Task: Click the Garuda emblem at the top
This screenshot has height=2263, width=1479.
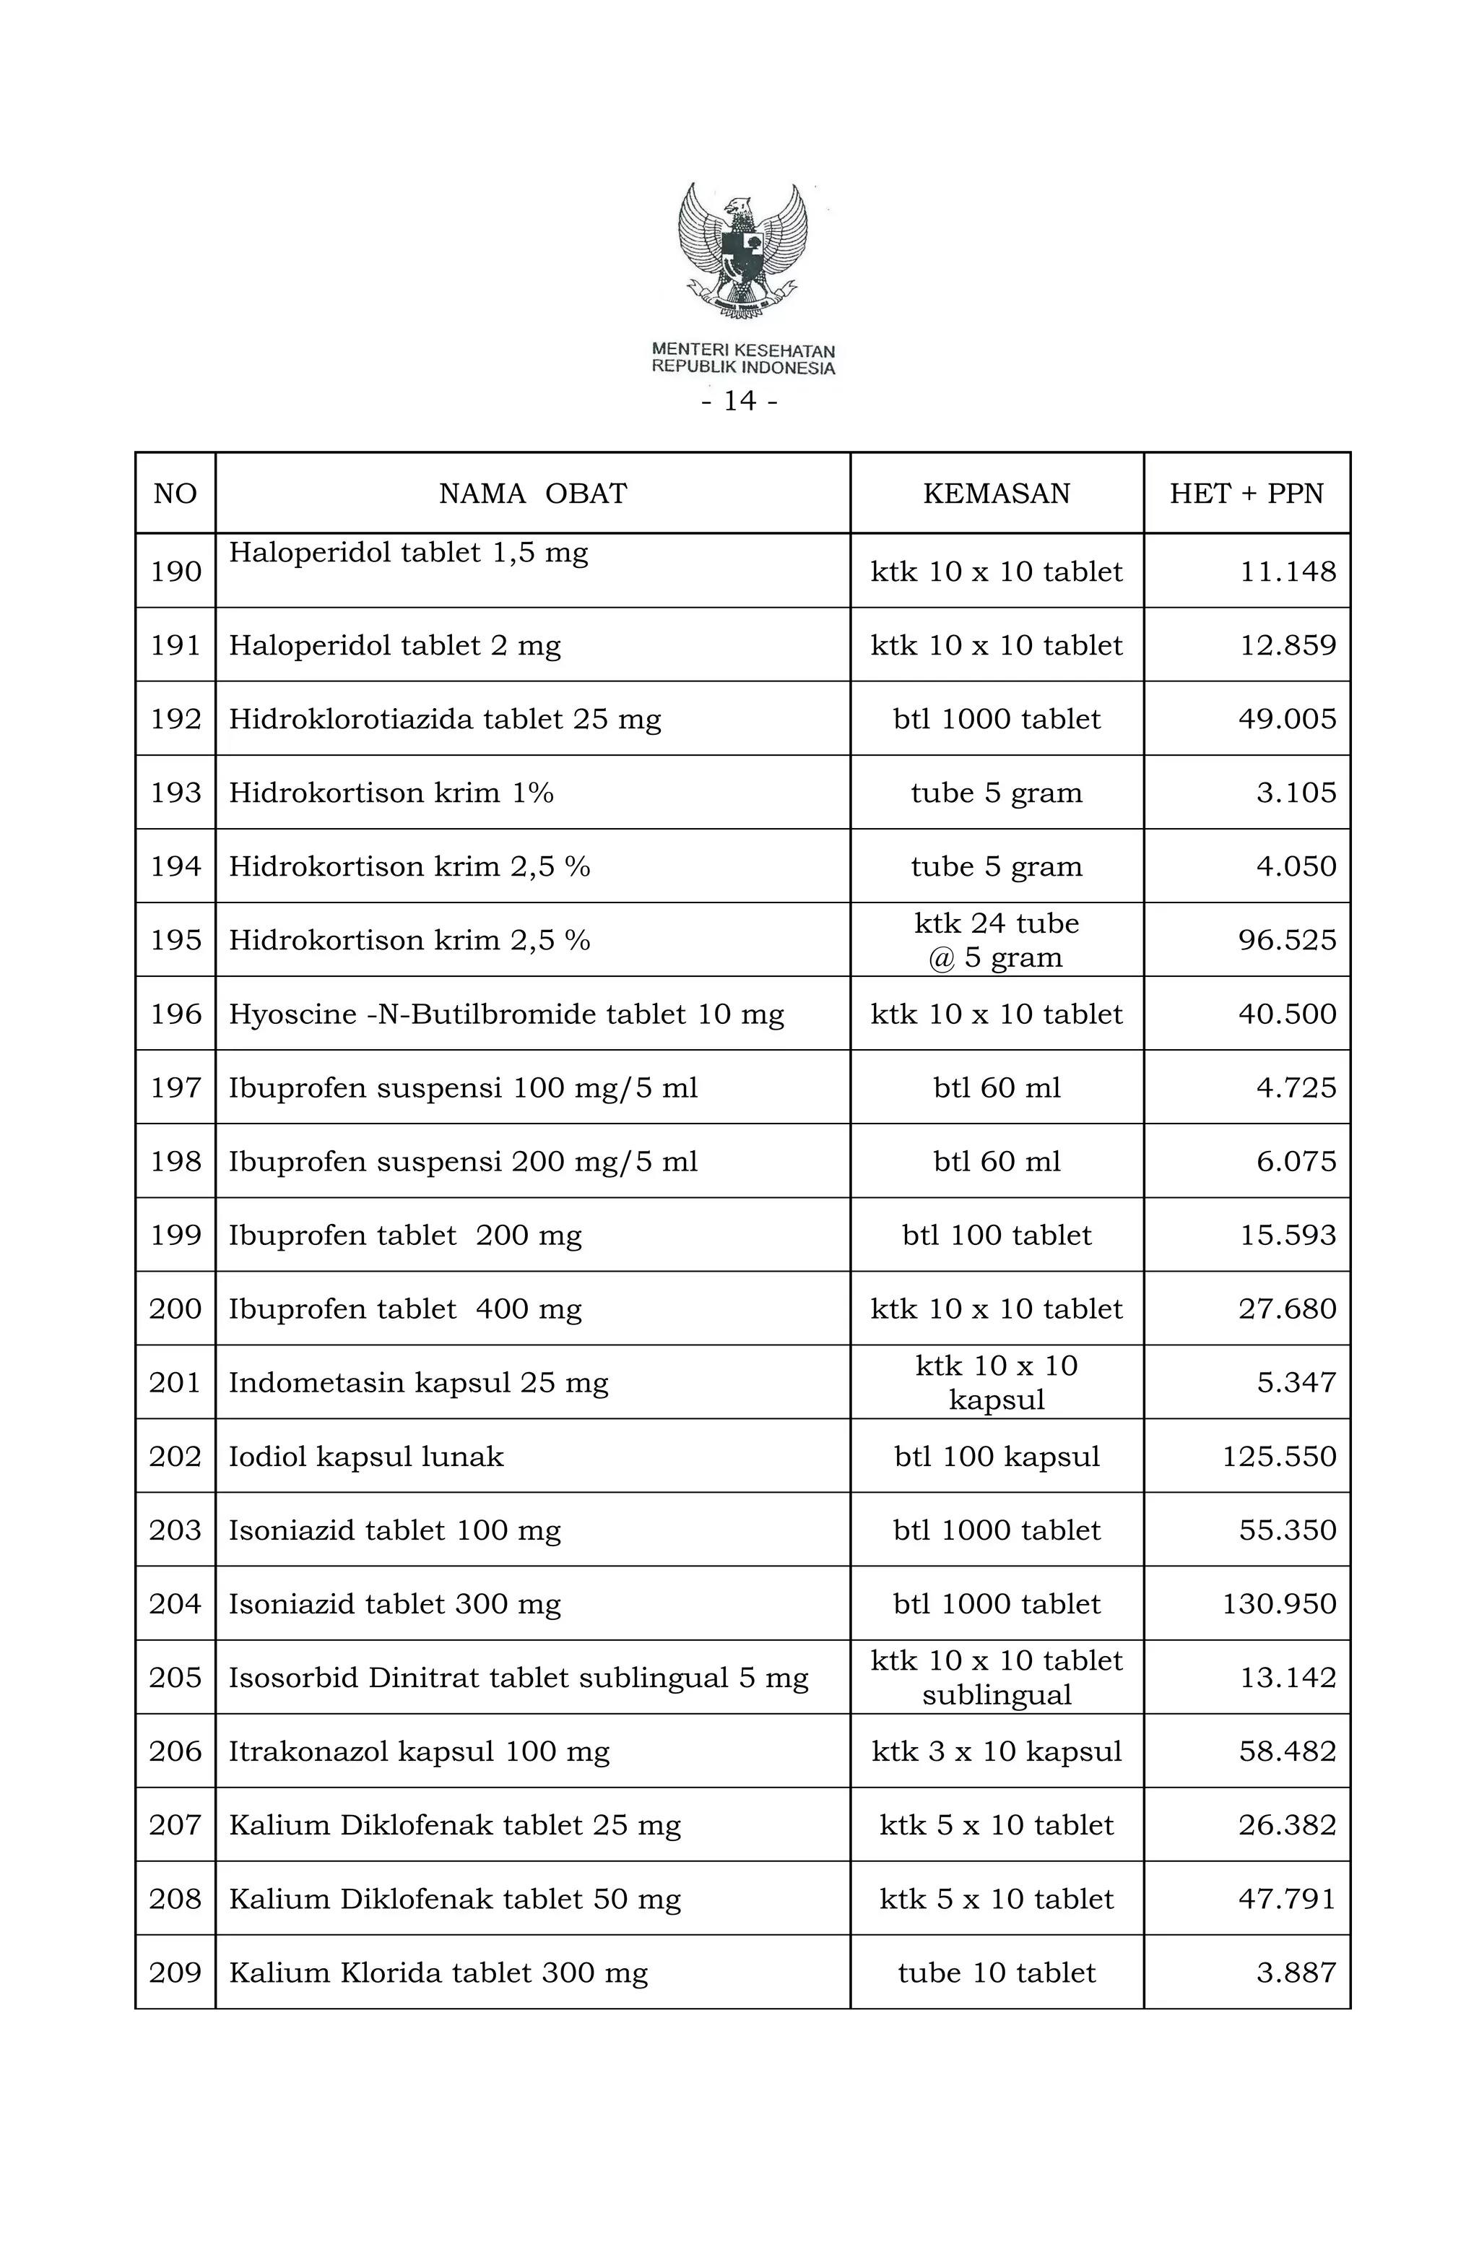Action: click(x=742, y=249)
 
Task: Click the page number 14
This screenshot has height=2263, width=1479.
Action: click(x=739, y=401)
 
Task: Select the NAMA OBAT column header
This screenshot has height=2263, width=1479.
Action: click(x=532, y=493)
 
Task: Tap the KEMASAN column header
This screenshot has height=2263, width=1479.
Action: click(x=996, y=493)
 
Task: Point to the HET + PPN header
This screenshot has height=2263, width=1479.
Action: click(x=1246, y=493)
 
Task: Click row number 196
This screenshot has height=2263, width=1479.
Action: click(x=175, y=1014)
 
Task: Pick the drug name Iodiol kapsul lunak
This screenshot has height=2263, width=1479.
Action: click(x=366, y=1457)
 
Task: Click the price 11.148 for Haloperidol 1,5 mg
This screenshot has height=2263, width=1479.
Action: click(x=1288, y=572)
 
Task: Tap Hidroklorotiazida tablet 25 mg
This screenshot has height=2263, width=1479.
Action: click(x=445, y=719)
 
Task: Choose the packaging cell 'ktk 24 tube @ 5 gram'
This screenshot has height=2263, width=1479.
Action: click(x=996, y=940)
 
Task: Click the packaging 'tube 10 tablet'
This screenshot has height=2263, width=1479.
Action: click(x=996, y=1973)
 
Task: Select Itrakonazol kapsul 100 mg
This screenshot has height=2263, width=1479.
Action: click(x=419, y=1751)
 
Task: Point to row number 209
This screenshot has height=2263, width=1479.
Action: click(x=175, y=1973)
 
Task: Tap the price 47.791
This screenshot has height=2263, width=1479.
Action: click(x=1287, y=1899)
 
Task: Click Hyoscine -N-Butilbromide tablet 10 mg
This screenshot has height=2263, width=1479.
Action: click(x=507, y=1014)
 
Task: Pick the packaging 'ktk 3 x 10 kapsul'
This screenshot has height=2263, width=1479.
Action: click(x=996, y=1751)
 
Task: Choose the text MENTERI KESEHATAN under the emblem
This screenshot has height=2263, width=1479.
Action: click(x=742, y=351)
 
